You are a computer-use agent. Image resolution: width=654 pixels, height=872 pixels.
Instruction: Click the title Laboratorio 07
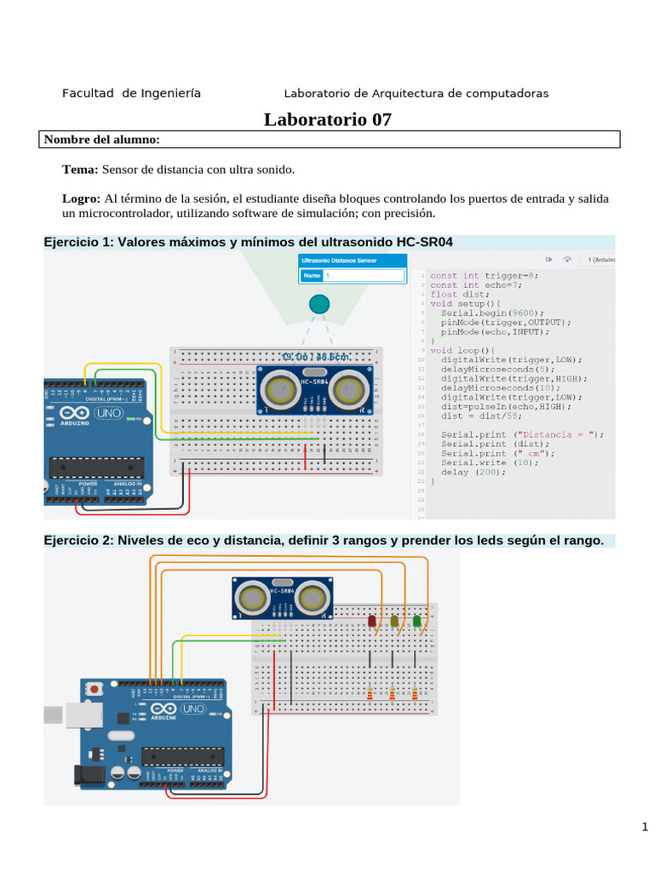(x=327, y=119)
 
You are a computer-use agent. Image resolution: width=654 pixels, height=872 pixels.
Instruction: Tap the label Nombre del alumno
(x=101, y=140)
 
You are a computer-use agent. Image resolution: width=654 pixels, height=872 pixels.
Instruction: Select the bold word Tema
(x=80, y=169)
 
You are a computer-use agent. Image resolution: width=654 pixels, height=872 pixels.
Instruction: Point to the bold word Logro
(x=81, y=198)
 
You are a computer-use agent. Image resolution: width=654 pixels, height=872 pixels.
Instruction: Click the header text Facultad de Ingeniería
(x=131, y=94)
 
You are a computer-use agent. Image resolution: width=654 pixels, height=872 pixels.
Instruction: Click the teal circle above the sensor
(x=318, y=304)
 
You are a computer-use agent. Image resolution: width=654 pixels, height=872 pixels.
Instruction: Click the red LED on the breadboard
(x=371, y=622)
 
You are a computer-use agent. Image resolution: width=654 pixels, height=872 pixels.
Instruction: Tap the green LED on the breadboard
(x=416, y=622)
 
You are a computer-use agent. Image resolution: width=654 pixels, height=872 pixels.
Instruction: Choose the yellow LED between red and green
(x=394, y=622)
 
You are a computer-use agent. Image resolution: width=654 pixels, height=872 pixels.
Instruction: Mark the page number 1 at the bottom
(x=645, y=827)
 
